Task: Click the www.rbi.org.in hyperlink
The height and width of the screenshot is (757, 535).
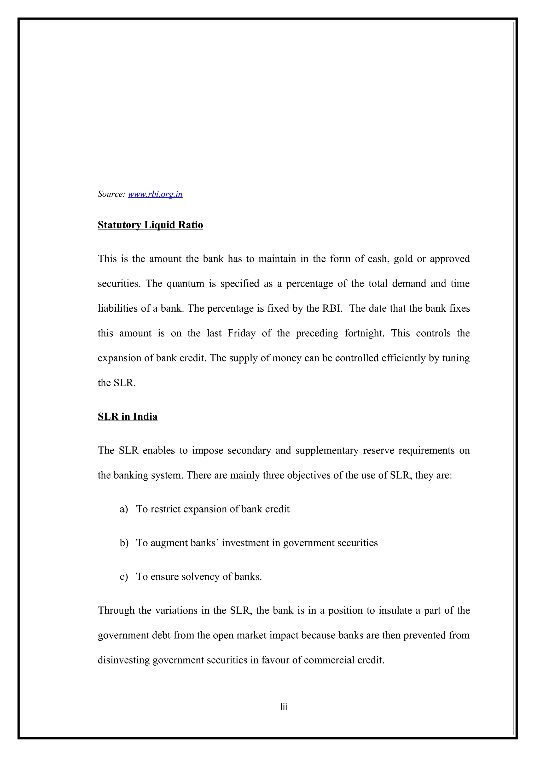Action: (x=155, y=194)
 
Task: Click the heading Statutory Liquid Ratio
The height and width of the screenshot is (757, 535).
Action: (x=150, y=225)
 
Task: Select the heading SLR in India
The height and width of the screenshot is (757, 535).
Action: (x=127, y=416)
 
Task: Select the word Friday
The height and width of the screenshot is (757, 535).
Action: (x=241, y=333)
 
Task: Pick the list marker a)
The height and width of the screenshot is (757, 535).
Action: (x=124, y=509)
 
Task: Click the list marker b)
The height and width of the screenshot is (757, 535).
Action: (x=124, y=543)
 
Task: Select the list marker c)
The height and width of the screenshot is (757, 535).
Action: (x=124, y=577)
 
